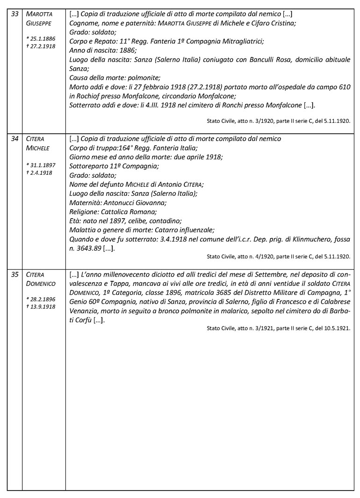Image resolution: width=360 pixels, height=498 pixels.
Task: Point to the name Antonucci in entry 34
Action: (x=124, y=202)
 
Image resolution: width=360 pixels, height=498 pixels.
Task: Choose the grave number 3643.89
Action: (x=86, y=248)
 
